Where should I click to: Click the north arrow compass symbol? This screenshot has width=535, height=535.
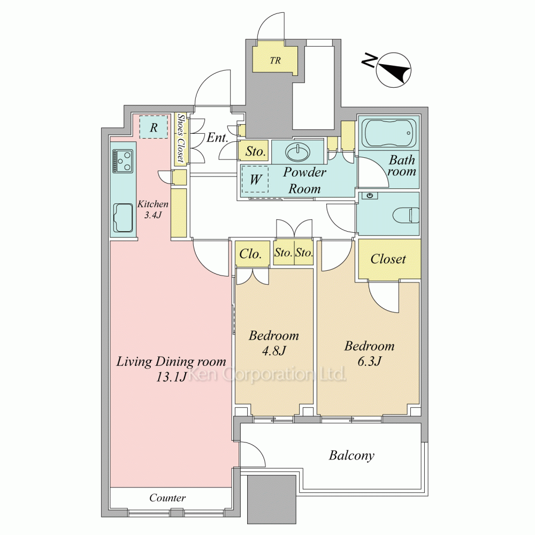[394, 70]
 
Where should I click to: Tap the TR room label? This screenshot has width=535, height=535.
[275, 61]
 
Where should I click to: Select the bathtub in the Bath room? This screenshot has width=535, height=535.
[391, 132]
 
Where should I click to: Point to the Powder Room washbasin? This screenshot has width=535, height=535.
[298, 152]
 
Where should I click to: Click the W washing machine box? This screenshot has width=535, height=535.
[255, 179]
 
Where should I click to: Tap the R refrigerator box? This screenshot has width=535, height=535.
[154, 127]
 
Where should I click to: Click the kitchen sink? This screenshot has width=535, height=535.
[123, 218]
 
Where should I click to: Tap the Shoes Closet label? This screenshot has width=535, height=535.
[181, 138]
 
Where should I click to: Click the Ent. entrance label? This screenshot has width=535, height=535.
[217, 137]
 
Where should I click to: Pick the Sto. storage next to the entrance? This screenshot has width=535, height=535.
[255, 151]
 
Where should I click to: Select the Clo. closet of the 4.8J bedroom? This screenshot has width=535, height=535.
[250, 254]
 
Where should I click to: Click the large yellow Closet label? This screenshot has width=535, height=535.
[388, 259]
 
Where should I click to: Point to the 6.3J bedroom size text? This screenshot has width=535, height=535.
[369, 361]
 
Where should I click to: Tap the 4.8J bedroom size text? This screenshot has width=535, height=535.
[273, 350]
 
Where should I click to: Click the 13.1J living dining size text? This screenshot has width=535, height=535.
[171, 376]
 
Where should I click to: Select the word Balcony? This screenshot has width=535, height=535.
[351, 455]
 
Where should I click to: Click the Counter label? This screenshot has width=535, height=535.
[167, 498]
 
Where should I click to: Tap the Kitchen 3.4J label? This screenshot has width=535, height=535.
[153, 210]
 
